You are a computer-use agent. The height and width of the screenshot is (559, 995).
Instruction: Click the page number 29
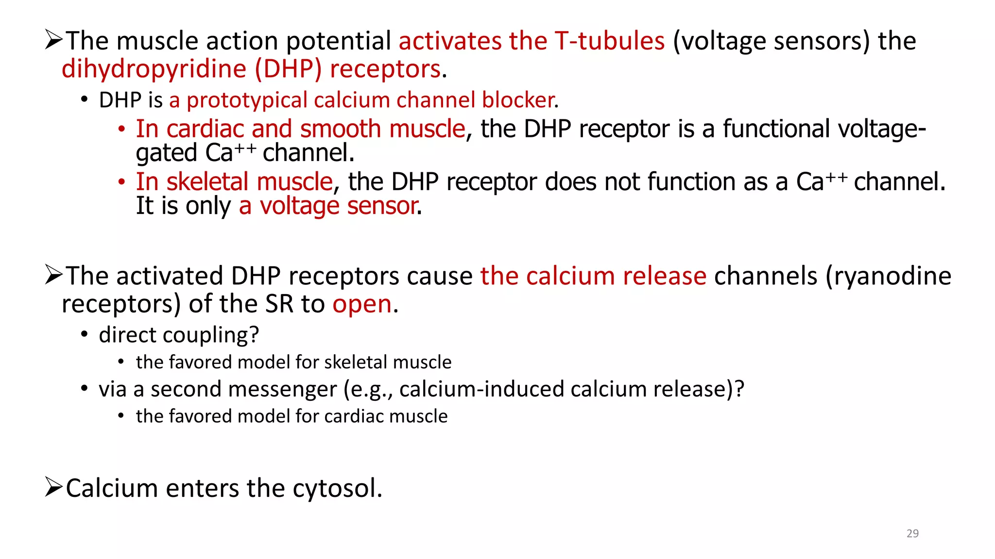[x=912, y=533]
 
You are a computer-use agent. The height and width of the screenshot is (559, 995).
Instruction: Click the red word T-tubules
[x=609, y=41]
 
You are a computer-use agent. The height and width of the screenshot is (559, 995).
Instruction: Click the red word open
[x=362, y=304]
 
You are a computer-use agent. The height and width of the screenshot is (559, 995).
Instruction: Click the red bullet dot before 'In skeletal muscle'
[x=121, y=182]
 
